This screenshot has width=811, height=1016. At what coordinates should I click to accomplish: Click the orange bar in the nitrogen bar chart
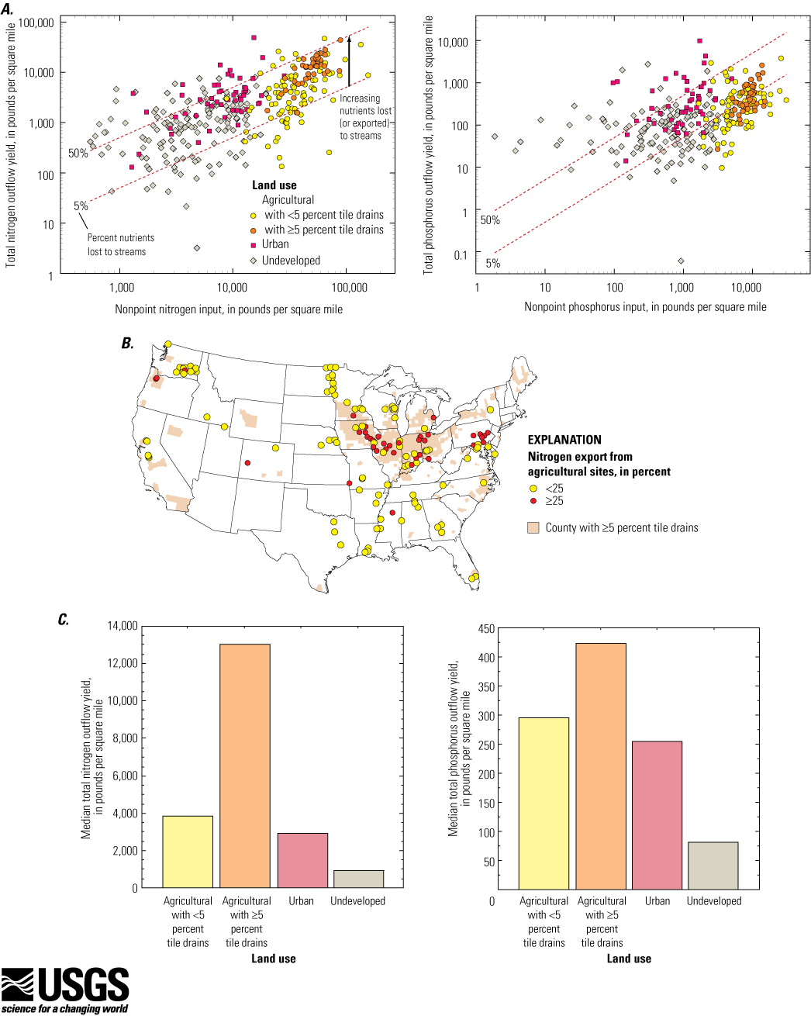tap(245, 765)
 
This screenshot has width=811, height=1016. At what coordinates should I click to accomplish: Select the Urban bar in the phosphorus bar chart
tap(657, 815)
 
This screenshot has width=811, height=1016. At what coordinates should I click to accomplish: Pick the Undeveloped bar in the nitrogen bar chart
tap(359, 879)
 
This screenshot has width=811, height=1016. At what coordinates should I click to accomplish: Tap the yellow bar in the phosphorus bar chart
tap(544, 803)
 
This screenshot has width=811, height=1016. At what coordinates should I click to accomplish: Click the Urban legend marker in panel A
tap(253, 245)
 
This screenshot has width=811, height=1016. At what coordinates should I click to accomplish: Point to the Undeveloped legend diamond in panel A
tap(253, 260)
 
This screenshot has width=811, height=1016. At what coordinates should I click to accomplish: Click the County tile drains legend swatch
tap(533, 528)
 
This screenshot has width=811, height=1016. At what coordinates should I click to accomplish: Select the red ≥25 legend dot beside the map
tap(533, 500)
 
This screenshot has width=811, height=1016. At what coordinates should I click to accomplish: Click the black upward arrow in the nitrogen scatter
tap(350, 61)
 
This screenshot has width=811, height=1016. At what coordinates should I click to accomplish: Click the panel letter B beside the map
tap(127, 343)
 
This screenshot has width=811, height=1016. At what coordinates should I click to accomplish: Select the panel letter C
tap(64, 619)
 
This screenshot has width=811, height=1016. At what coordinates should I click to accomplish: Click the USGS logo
tap(64, 990)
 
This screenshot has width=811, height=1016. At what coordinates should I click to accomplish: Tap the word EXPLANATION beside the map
tap(564, 440)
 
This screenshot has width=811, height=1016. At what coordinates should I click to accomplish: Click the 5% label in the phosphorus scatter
tap(493, 263)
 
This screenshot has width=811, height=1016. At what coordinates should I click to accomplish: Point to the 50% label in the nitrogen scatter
tap(78, 153)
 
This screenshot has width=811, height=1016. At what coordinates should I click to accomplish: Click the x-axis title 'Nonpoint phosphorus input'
tap(645, 307)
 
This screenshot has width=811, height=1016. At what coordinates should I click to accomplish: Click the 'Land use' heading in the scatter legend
tap(274, 185)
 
